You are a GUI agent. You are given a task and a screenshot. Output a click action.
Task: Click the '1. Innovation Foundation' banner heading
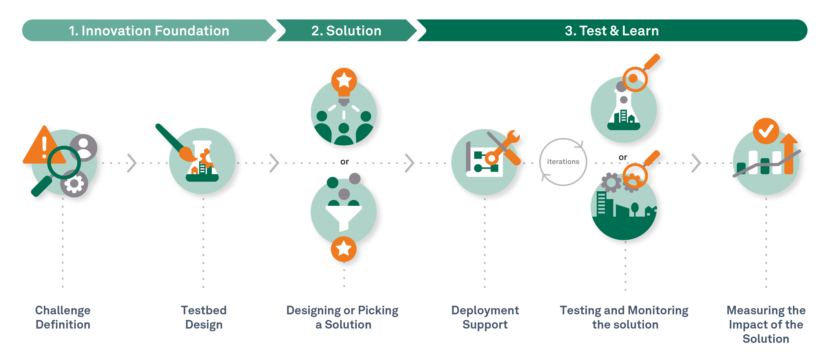point(149,31)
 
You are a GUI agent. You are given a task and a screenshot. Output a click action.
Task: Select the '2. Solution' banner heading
point(346,31)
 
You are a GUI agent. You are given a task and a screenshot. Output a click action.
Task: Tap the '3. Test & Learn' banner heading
point(612,31)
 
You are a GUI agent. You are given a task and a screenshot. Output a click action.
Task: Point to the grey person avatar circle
point(83,148)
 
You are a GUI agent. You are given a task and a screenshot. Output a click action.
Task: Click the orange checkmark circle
point(766,131)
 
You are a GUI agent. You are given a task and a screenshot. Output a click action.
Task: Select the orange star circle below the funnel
point(344,249)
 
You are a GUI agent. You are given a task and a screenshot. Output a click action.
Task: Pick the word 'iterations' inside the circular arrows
point(563,162)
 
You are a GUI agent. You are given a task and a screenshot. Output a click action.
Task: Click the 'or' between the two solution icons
point(344,162)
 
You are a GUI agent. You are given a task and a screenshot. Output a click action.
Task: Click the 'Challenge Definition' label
point(63,317)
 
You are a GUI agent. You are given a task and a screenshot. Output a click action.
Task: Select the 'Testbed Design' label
point(204,317)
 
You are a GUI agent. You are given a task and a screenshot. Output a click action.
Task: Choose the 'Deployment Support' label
point(485,317)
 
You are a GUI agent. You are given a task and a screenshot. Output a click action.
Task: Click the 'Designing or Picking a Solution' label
point(343,317)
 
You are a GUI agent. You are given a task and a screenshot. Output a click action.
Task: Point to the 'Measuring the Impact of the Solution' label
point(766,324)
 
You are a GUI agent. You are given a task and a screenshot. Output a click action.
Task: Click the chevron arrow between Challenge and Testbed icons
point(132,163)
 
